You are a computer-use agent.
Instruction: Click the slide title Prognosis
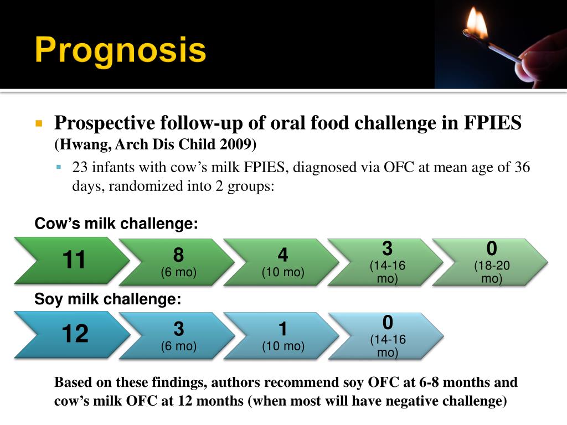[x=120, y=50]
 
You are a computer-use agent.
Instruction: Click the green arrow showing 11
[x=72, y=261]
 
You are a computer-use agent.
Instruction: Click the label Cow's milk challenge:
[x=116, y=224]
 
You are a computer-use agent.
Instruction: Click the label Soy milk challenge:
[x=107, y=299]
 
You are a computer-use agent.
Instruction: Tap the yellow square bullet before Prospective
[x=39, y=123]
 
